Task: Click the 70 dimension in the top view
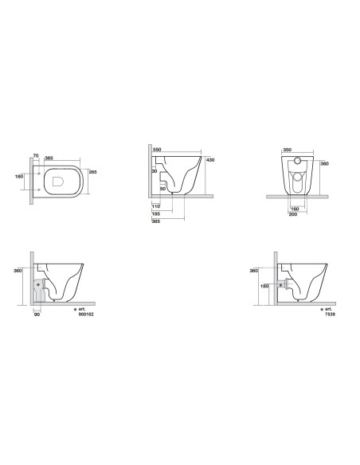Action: pyautogui.click(x=36, y=156)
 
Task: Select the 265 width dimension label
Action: pyautogui.click(x=93, y=172)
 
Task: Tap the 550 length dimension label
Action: pyautogui.click(x=157, y=150)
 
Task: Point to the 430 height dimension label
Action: pyautogui.click(x=210, y=160)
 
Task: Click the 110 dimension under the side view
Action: pyautogui.click(x=155, y=206)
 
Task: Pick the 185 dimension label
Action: pyautogui.click(x=155, y=214)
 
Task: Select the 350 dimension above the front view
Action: pyautogui.click(x=287, y=150)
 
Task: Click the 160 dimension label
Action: pyautogui.click(x=295, y=209)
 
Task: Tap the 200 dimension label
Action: pyautogui.click(x=293, y=214)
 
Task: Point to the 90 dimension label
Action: pyautogui.click(x=37, y=315)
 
